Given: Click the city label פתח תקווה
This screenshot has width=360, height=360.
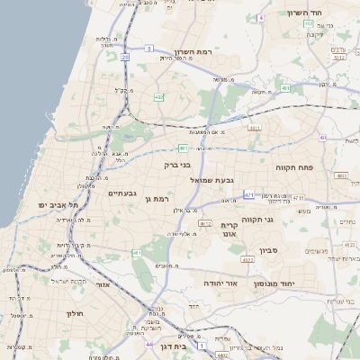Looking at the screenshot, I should (x=293, y=167).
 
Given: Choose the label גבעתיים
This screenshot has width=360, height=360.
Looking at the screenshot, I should (x=121, y=193).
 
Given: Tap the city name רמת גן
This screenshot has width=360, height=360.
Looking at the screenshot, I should (x=157, y=198).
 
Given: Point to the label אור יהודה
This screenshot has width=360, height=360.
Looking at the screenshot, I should (x=220, y=282).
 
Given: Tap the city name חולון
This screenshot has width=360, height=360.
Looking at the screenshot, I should (x=74, y=313).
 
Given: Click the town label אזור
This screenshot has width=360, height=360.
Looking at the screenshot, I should (x=102, y=284).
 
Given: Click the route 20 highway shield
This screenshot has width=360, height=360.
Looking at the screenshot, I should (x=123, y=57).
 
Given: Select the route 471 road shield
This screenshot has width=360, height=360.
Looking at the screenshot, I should (x=248, y=194).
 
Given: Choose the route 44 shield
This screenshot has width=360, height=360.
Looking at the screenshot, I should (x=148, y=344).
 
